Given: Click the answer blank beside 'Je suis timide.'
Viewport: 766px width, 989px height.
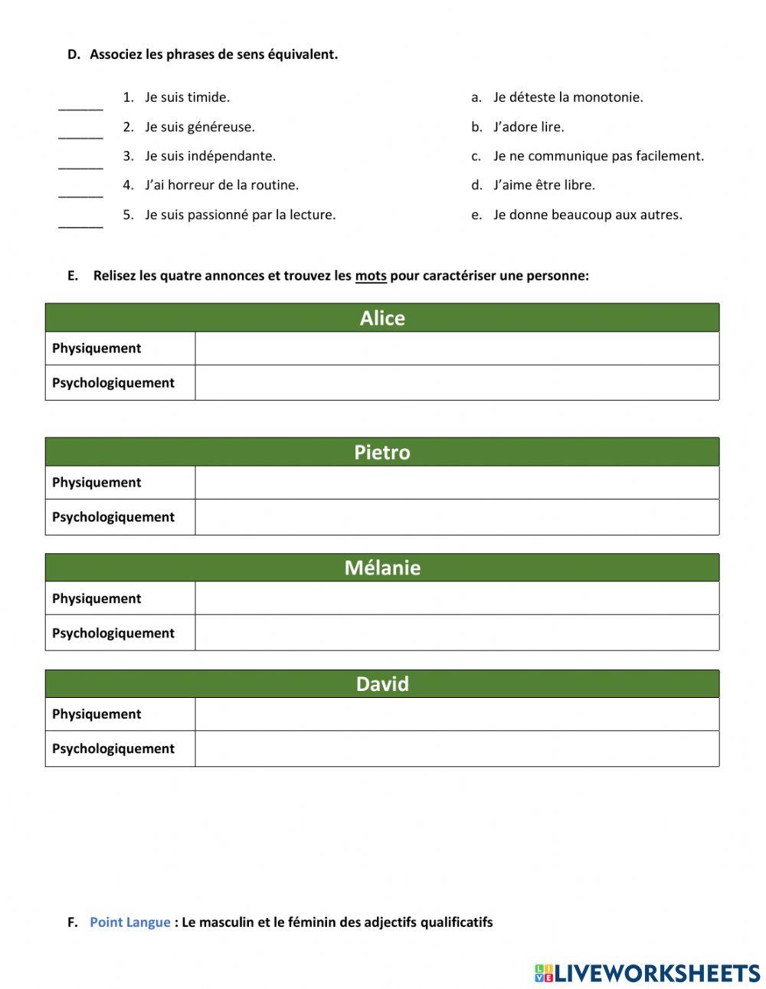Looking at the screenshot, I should click(80, 104).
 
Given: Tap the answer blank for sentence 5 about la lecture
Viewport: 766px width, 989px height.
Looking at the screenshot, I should click(80, 221).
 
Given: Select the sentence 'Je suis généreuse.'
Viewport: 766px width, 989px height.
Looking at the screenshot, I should click(199, 127).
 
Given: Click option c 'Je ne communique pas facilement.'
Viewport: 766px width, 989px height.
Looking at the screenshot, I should click(597, 156).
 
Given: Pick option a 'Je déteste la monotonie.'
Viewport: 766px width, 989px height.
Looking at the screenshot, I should click(568, 97).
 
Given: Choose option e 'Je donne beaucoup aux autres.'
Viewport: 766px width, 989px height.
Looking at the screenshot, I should click(587, 215).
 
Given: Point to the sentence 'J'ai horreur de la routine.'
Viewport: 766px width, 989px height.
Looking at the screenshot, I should click(221, 185).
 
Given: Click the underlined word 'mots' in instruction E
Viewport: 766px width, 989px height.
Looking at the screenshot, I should click(371, 276).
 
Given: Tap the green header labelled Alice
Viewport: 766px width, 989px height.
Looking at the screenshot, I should click(382, 318).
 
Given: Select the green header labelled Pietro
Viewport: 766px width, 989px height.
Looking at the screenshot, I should click(382, 452).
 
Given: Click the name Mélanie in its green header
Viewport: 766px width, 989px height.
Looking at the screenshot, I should click(382, 568).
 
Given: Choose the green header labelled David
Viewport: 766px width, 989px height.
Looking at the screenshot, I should click(382, 683).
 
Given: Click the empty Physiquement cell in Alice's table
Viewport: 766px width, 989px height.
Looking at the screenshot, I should click(457, 349).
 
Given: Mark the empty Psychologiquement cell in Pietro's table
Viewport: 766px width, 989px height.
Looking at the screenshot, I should click(457, 517).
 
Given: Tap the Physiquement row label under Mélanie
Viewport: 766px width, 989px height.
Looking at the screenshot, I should click(97, 599).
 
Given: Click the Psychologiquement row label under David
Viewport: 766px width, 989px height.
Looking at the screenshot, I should click(113, 749).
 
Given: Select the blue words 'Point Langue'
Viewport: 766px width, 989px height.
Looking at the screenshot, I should click(130, 922).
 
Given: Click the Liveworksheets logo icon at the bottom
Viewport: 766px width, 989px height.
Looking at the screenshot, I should click(544, 973).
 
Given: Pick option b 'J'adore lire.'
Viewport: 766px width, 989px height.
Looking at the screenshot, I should click(529, 127).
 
